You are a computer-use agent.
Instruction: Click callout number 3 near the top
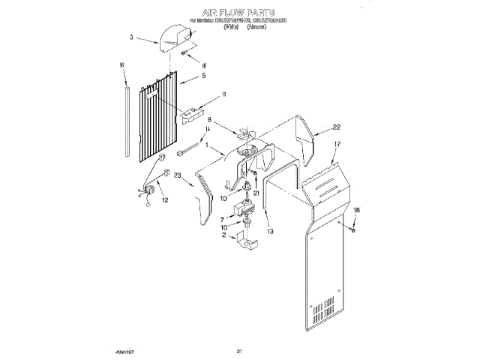132,36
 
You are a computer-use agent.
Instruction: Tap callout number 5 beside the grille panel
203,76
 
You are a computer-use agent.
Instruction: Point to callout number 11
223,94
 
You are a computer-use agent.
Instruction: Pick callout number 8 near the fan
210,120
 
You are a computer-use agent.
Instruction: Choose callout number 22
337,127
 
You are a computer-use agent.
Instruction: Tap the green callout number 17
337,142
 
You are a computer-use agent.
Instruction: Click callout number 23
178,176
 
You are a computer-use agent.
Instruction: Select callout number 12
166,200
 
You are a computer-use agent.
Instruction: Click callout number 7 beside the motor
222,219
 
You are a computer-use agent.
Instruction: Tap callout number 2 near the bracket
222,235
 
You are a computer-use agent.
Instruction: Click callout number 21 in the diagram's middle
256,193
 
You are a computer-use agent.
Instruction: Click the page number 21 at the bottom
239,352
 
